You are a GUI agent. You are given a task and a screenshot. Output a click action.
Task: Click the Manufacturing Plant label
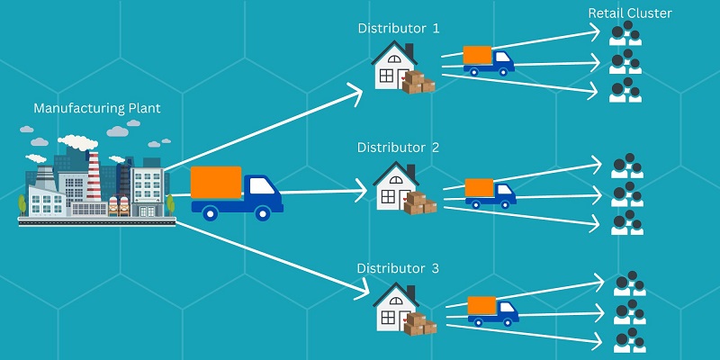tap(97, 109)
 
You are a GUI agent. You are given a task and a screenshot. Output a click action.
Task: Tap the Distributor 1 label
tap(398, 28)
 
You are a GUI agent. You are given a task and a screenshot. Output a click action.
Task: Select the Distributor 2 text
tap(398, 147)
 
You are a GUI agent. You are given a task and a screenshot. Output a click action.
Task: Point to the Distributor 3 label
tap(398, 268)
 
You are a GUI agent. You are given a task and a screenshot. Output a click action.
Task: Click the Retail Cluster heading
tap(630, 13)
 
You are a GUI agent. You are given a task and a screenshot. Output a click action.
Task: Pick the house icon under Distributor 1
tap(391, 66)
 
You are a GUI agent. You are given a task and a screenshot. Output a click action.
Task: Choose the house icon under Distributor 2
tap(393, 186)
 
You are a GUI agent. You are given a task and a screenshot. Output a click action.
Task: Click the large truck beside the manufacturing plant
tap(237, 193)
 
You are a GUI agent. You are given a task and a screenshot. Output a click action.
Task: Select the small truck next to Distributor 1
tap(488, 59)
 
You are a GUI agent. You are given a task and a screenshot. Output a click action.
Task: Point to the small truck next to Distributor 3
tap(493, 311)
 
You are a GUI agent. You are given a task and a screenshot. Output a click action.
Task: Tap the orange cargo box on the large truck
tap(216, 183)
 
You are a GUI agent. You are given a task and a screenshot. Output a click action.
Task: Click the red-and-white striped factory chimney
tap(94, 175)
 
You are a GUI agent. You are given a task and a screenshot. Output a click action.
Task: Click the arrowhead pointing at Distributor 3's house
tap(362, 293)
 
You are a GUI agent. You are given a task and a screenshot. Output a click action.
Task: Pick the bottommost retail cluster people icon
tap(628, 341)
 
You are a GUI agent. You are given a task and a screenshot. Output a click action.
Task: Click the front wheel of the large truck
tap(263, 214)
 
